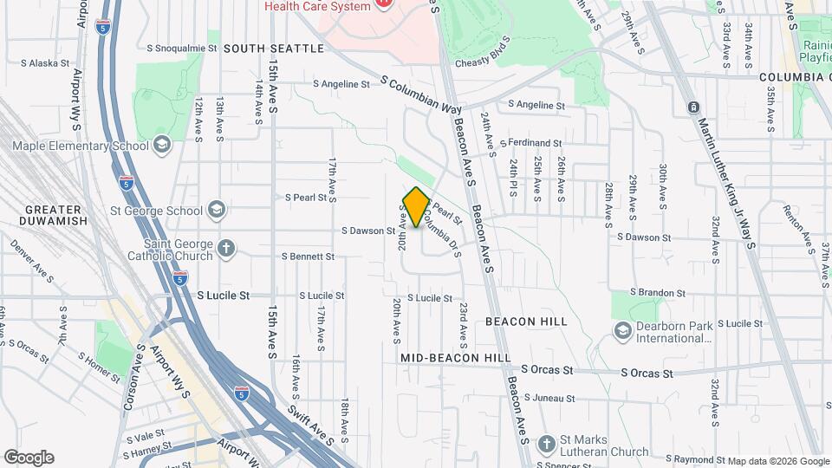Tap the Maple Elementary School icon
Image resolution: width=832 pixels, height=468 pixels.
(162, 145)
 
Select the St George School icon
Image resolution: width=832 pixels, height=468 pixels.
(216, 210)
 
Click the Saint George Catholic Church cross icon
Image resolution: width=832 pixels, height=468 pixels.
(226, 249)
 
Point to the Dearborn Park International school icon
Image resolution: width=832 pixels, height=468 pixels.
(622, 330)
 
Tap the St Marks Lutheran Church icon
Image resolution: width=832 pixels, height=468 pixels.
(546, 445)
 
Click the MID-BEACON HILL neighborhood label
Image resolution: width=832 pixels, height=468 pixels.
(455, 357)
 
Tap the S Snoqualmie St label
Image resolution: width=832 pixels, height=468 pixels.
(184, 49)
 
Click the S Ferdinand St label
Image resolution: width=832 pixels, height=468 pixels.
(535, 143)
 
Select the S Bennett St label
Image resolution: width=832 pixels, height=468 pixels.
(308, 257)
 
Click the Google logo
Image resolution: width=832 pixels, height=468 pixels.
(29, 458)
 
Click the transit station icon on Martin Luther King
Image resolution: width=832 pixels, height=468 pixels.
(692, 107)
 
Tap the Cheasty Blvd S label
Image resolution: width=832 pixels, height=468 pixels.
(482, 49)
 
